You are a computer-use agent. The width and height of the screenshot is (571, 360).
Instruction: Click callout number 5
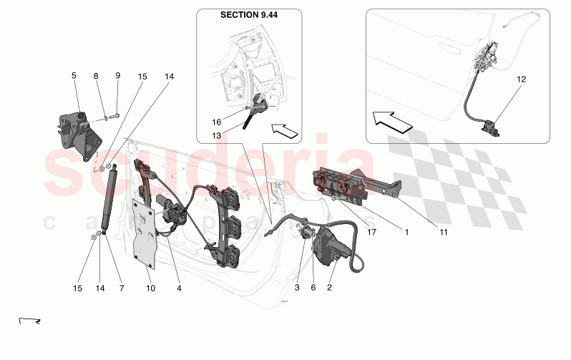click(x=73, y=75)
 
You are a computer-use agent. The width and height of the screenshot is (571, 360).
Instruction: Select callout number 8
click(x=96, y=75)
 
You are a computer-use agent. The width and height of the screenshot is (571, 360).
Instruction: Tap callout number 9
click(x=118, y=75)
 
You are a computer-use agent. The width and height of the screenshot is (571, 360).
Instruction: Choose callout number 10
click(x=150, y=288)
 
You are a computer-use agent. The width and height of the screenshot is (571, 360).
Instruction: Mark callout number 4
click(x=179, y=288)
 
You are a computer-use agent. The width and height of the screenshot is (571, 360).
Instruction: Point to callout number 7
click(x=121, y=288)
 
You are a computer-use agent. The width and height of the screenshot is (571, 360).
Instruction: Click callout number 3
click(x=297, y=288)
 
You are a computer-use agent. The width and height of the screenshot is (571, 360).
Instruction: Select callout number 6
click(x=313, y=288)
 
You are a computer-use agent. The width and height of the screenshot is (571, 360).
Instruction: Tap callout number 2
click(x=331, y=288)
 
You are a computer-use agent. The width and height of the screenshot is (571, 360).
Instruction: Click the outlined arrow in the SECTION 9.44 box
click(x=284, y=131)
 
